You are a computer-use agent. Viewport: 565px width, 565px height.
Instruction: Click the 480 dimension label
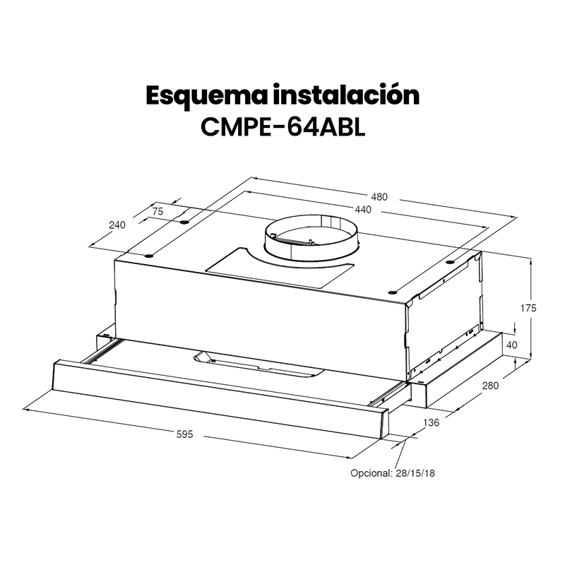pos(381,196)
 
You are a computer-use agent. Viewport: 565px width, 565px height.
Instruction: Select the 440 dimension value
pos(364,210)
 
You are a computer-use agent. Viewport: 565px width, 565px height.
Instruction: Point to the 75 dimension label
pos(159,209)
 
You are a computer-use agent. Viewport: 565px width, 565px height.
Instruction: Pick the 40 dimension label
pos(513,346)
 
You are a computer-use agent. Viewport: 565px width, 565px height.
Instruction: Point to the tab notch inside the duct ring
pos(326,224)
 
